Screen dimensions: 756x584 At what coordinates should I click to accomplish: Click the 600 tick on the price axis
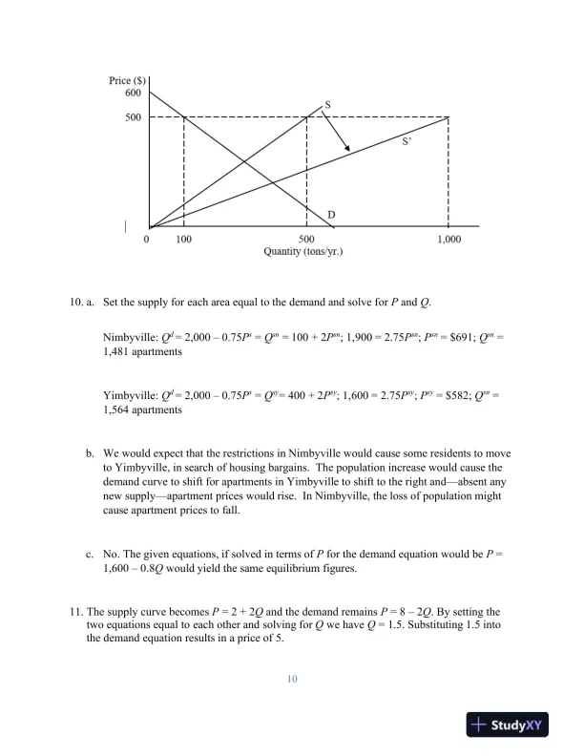[x=133, y=93]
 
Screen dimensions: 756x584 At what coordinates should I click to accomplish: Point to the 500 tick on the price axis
[x=133, y=117]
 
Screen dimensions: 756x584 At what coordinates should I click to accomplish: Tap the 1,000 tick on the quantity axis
[x=448, y=239]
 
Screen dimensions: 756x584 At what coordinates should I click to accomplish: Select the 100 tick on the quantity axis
[x=183, y=239]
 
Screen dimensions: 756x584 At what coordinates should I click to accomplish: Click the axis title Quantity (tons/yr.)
[x=302, y=253]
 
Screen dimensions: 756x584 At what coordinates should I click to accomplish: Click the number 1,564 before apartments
[x=118, y=409]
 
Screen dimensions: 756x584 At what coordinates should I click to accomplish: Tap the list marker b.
[x=90, y=449]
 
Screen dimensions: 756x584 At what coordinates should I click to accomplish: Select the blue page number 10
[x=292, y=679]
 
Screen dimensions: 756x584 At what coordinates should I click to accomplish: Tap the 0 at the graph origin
[x=146, y=239]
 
